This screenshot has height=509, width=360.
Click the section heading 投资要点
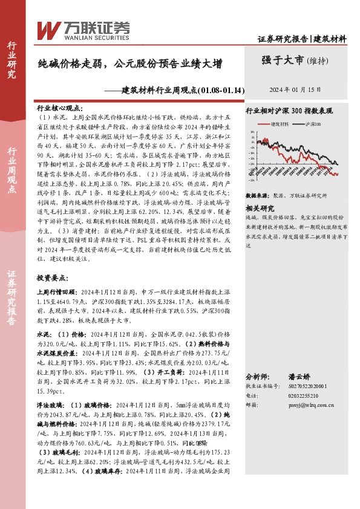(51, 277)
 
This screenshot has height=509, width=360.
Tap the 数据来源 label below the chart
(257, 196)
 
